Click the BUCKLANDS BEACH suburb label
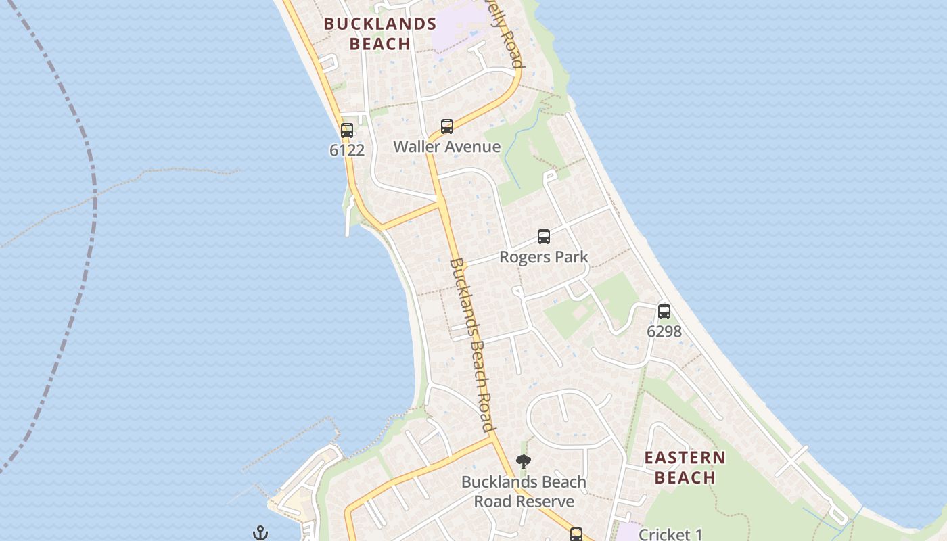pos(379,34)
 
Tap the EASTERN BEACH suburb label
pos(685,467)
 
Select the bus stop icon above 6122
pos(347,131)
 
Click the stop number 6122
pos(347,150)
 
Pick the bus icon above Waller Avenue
pos(446,126)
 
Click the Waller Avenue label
pos(446,147)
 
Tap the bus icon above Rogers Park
pos(544,237)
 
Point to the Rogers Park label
pos(544,257)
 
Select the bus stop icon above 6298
pos(664,312)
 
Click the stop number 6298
pos(664,331)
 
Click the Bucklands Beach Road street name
pos(472,345)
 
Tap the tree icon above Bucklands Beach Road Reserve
pos(523,463)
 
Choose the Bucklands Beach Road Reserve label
pos(524,492)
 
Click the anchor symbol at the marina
pos(260,533)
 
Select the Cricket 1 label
pos(670,534)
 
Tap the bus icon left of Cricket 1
pos(576,534)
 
